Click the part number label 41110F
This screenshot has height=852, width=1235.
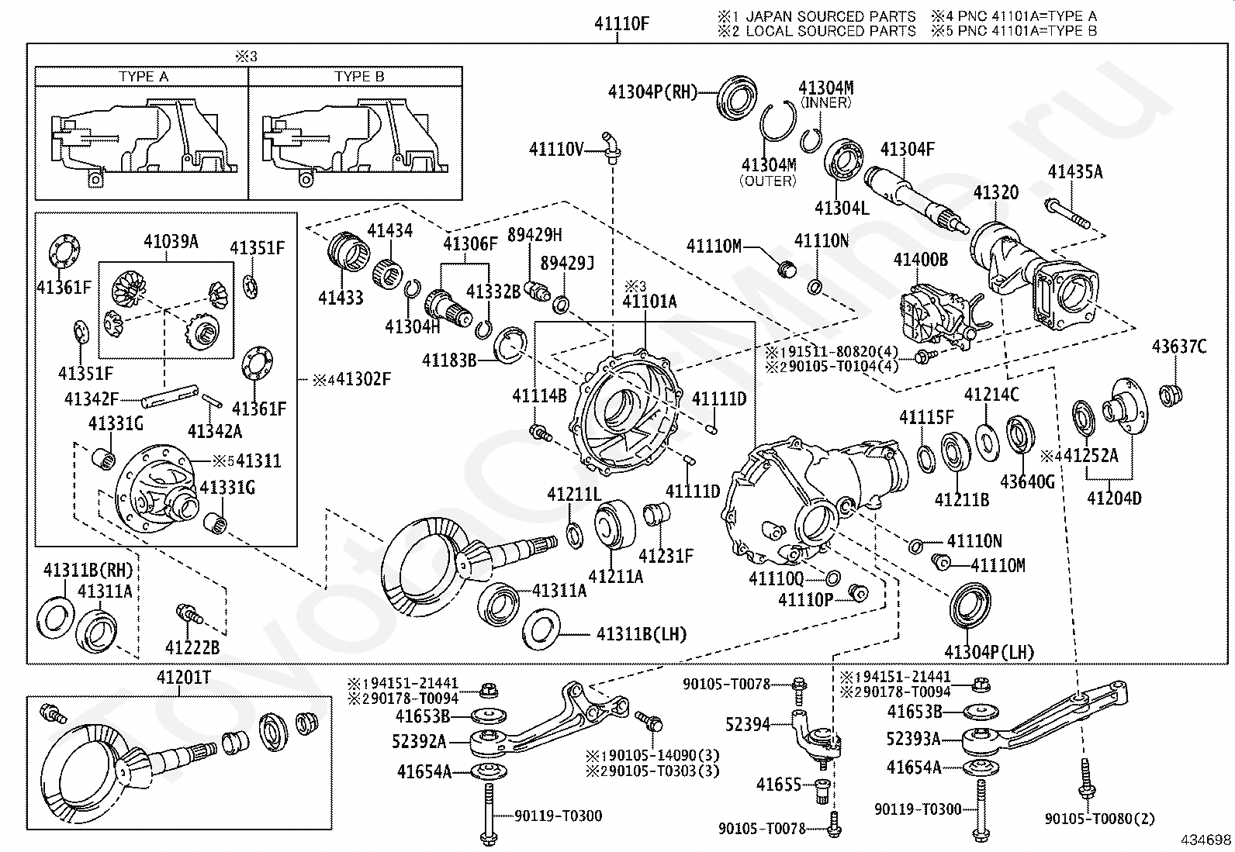pyautogui.click(x=621, y=24)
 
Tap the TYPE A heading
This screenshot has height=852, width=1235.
pyautogui.click(x=143, y=77)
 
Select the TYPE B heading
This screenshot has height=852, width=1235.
pyautogui.click(x=359, y=77)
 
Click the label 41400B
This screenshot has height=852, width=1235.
pyautogui.click(x=920, y=260)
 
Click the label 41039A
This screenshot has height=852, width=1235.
pyautogui.click(x=171, y=242)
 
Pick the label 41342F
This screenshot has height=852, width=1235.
pyautogui.click(x=92, y=399)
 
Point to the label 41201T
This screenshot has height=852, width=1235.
pyautogui.click(x=184, y=678)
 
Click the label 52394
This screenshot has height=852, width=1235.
pyautogui.click(x=748, y=724)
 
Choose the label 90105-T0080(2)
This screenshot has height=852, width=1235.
pyautogui.click(x=1098, y=819)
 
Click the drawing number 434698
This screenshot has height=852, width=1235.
pyautogui.click(x=1206, y=840)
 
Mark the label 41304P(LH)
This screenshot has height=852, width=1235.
pyautogui.click(x=988, y=652)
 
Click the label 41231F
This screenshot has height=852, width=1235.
pyautogui.click(x=666, y=555)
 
